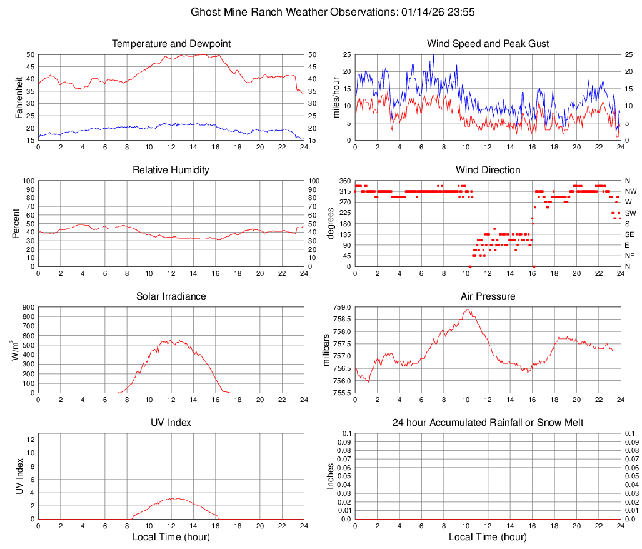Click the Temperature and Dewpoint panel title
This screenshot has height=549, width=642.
[171, 44]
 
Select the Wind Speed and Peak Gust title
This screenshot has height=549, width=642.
[488, 44]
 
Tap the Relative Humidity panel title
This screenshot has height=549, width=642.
[171, 170]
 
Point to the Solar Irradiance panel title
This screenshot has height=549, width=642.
[171, 296]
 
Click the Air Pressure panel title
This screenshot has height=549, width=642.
[488, 296]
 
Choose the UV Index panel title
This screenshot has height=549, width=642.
[171, 423]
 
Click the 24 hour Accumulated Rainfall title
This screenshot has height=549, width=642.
[488, 423]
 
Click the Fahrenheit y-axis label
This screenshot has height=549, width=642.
[19, 97]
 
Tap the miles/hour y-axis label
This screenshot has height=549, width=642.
[336, 97]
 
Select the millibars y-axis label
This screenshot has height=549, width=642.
[325, 350]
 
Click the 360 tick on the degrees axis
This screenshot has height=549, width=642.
[344, 181]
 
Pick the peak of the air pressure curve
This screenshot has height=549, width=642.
[466, 309]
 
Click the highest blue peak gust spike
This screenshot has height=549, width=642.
[433, 55]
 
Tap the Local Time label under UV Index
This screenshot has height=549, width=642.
[171, 537]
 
